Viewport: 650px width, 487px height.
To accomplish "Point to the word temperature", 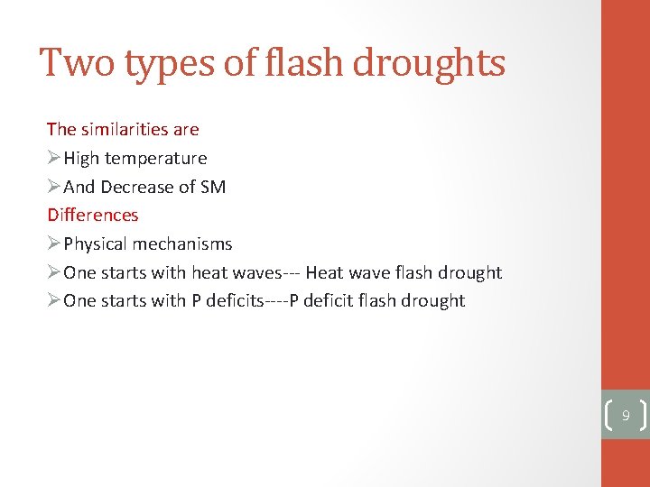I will point(156,158).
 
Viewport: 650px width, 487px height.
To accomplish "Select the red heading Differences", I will point(93,215).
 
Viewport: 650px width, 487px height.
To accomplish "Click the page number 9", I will point(625,416).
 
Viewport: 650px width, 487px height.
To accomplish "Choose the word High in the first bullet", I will point(81,158).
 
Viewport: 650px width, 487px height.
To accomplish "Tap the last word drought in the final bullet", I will point(433,300).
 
